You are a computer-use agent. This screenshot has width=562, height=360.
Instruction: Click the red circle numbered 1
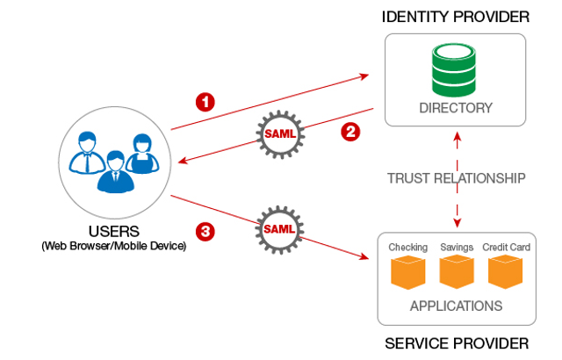tap(205, 102)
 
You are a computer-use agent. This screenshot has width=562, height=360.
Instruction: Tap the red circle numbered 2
tap(349, 133)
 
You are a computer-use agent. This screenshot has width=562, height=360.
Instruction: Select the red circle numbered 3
tap(205, 232)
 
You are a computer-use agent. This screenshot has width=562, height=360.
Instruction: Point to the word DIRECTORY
tap(455, 108)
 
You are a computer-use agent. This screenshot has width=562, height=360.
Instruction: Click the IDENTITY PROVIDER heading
tap(455, 17)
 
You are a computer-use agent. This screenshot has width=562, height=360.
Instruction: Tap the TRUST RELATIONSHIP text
tap(457, 178)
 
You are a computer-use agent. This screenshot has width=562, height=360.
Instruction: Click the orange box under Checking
tap(407, 273)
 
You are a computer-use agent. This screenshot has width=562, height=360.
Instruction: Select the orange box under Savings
tap(457, 273)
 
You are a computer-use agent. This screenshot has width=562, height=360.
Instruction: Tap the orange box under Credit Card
tap(506, 273)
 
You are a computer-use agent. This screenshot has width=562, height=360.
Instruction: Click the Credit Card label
tap(506, 248)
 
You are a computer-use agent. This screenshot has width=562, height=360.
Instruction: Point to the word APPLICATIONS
tap(456, 306)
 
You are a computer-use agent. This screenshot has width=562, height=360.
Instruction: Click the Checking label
tap(407, 248)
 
